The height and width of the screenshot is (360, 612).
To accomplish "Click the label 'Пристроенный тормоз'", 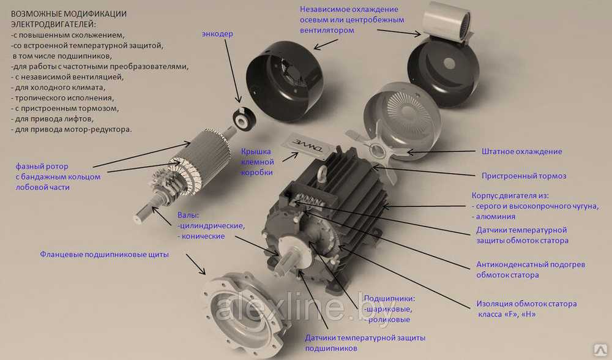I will pyautogui.click(x=524, y=176).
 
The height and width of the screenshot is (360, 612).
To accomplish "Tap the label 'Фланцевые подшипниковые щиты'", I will pyautogui.click(x=103, y=254).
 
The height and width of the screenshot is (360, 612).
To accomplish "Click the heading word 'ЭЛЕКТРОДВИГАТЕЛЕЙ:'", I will pyautogui.click(x=53, y=24).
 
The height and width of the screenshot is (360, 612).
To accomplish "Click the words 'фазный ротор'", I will pyautogui.click(x=41, y=167).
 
